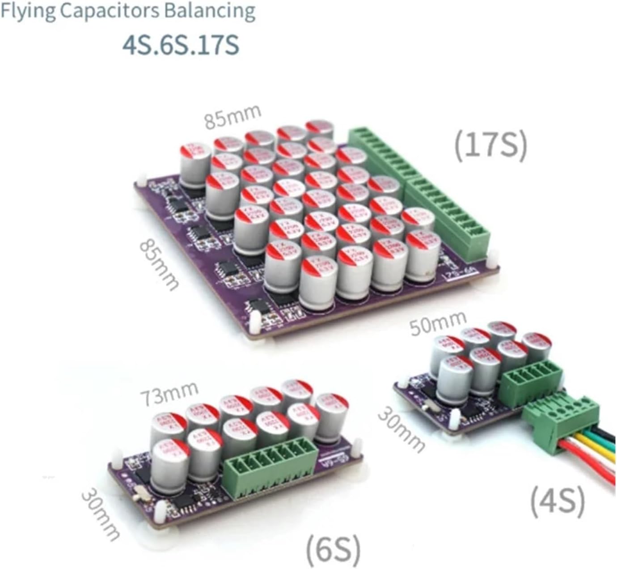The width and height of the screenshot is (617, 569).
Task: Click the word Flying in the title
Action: (x=28, y=12)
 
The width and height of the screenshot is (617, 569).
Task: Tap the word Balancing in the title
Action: (x=210, y=12)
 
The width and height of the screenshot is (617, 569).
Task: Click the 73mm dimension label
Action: (x=169, y=392)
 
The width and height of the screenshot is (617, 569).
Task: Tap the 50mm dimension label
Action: (x=438, y=322)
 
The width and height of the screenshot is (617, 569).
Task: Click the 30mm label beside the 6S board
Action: (x=101, y=514)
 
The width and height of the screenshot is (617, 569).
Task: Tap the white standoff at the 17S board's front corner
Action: (x=256, y=323)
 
